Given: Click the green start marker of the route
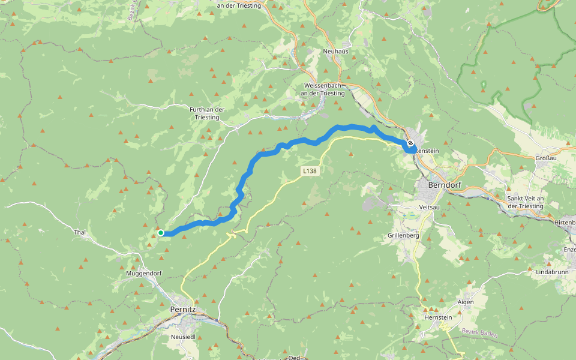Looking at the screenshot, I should point(161,233).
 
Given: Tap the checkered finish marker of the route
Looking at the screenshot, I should point(410,143).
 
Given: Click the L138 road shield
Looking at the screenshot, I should point(309,171).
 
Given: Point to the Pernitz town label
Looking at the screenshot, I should point(183,310).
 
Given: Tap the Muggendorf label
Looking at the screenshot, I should point(145,273).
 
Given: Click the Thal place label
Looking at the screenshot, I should point(80,232).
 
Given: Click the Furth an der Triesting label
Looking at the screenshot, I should point(206,113).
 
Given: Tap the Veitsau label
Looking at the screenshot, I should point(430,206).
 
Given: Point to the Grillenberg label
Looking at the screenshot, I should point(404,236).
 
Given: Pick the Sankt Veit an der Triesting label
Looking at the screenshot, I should point(526,202).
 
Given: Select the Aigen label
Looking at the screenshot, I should point(466,302).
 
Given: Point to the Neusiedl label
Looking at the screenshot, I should point(184,337).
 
